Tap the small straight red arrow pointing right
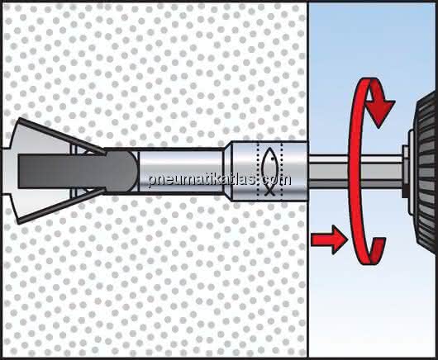330,239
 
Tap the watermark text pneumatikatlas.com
220,180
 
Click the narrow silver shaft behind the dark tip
182,172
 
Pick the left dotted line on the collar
258,172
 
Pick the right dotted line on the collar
283,172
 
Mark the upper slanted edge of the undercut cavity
61,135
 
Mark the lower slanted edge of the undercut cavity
61,206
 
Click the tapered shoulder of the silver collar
228,172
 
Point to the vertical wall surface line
307,180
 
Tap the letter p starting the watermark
152,181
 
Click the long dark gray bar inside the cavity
62,171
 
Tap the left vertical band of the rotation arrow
355,170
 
